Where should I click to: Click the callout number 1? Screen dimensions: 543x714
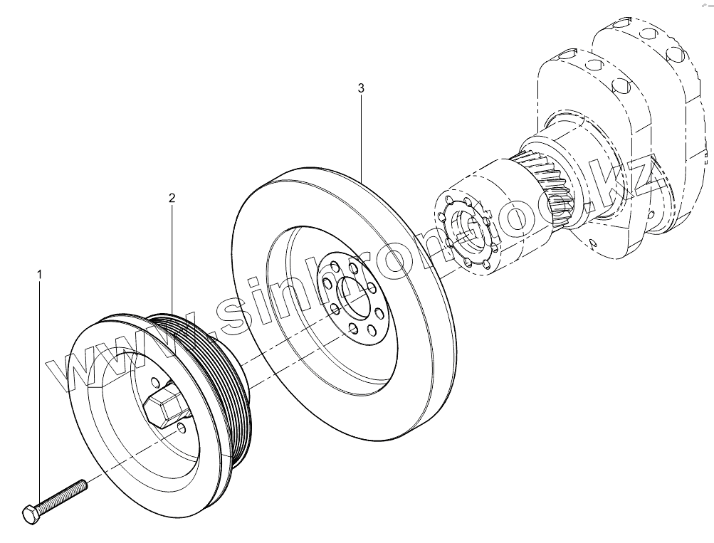[40, 273]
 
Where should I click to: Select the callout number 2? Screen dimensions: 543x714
[172, 197]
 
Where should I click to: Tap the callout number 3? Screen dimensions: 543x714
[361, 88]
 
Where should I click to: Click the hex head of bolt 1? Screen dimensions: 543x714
[30, 514]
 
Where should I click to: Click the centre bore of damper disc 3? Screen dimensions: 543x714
[356, 295]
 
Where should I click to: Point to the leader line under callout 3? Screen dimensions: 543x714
[361, 135]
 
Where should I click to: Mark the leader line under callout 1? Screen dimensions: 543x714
[39, 391]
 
